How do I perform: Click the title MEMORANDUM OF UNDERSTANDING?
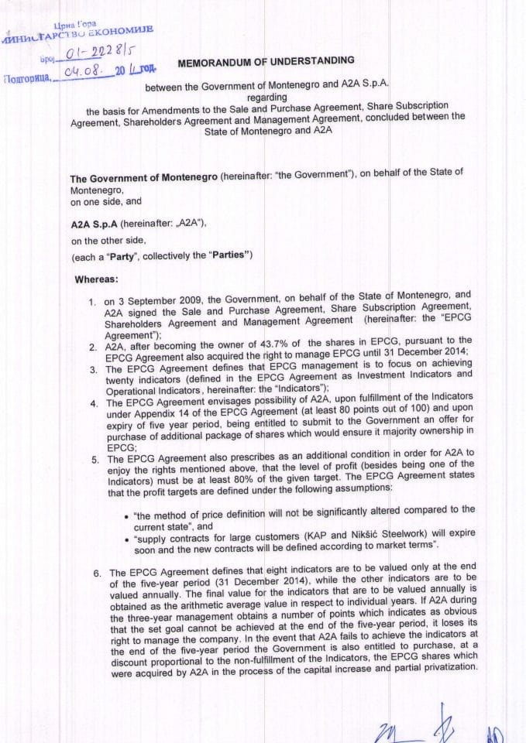pos(266,60)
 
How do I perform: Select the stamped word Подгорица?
pos(27,78)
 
